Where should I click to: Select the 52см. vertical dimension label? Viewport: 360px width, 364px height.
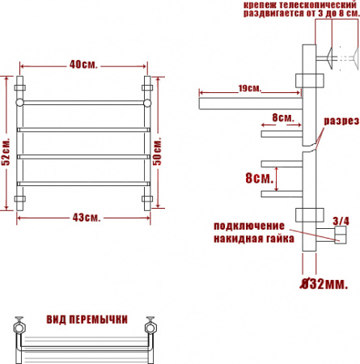click(x=7, y=149)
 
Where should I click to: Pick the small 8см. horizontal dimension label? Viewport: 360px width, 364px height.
click(x=282, y=117)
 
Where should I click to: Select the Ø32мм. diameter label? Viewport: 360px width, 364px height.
click(x=324, y=284)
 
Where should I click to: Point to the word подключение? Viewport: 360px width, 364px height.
click(x=249, y=224)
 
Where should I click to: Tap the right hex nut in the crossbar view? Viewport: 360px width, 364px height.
click(x=149, y=328)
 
